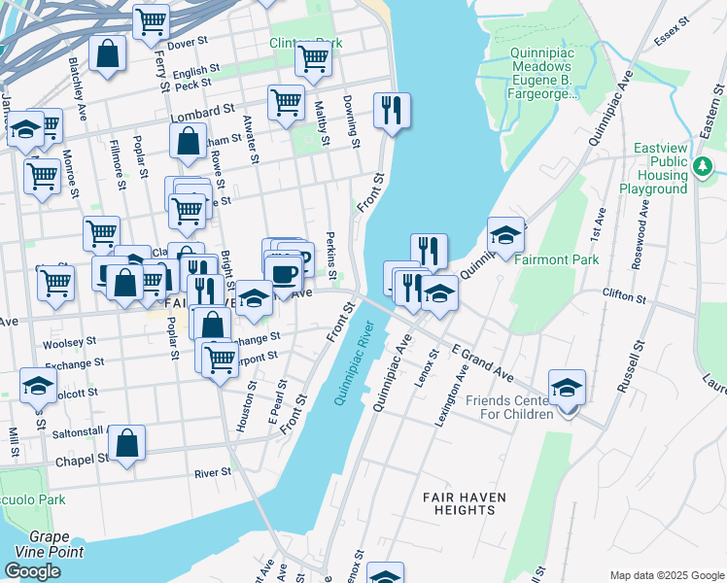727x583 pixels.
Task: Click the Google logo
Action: (32, 571)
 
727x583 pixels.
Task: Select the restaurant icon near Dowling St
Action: (392, 111)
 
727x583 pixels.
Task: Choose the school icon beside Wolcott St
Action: (38, 387)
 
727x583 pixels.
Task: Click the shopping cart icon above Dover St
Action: (151, 22)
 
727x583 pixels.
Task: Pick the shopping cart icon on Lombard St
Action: (286, 102)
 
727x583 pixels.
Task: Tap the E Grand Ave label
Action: (481, 360)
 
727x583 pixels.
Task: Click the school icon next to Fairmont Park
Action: (505, 236)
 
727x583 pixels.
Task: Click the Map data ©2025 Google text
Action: (667, 574)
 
